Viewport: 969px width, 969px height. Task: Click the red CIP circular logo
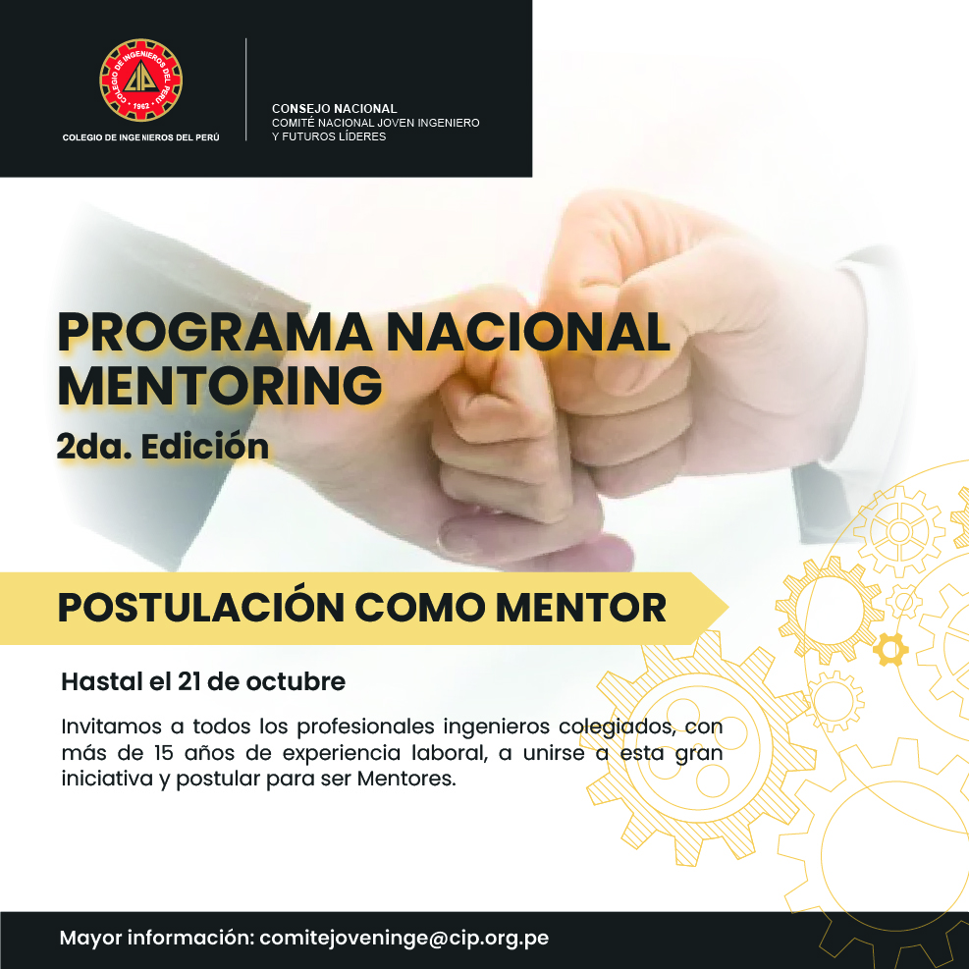(x=141, y=81)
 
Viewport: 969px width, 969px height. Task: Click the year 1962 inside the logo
(x=141, y=106)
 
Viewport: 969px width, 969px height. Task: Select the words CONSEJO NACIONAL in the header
(x=335, y=109)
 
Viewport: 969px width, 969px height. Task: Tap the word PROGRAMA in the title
(x=214, y=333)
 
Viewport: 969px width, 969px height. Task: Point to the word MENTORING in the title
(x=220, y=386)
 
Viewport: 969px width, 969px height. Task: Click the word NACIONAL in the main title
(x=528, y=333)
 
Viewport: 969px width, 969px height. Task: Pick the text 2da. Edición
(x=163, y=446)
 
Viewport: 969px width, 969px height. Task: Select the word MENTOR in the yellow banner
(x=581, y=608)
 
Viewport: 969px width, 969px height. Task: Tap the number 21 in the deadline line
(x=189, y=681)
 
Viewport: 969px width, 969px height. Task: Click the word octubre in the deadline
(x=296, y=681)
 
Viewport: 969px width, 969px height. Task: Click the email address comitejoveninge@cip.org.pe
(x=404, y=939)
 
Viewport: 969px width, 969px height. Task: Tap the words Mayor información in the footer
(x=157, y=939)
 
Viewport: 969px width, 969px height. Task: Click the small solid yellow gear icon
(x=890, y=650)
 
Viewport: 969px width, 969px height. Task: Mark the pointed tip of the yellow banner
(x=728, y=608)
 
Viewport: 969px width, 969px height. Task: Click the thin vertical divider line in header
(x=246, y=89)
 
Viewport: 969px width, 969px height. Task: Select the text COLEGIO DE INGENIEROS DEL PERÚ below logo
(x=141, y=137)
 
